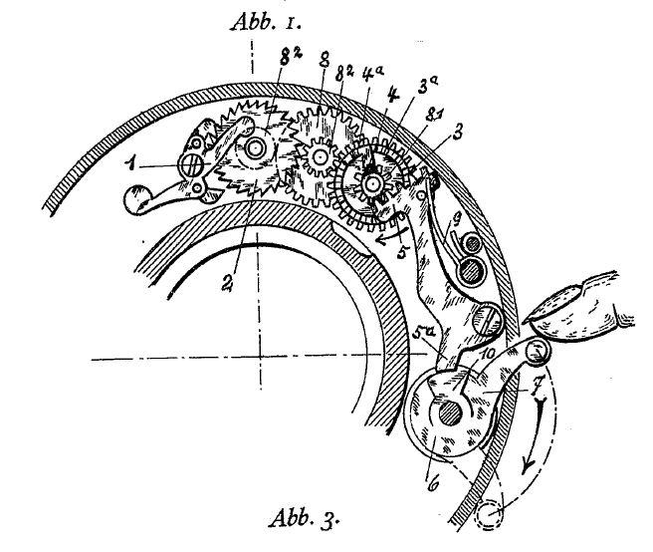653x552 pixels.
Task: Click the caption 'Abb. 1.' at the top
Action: (x=265, y=22)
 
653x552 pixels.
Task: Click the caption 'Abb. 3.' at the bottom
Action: (x=304, y=519)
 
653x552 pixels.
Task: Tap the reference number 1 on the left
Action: (x=132, y=165)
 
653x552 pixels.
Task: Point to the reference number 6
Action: (x=433, y=484)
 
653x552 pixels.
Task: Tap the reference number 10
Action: (x=488, y=355)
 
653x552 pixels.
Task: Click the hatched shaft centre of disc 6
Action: (x=451, y=414)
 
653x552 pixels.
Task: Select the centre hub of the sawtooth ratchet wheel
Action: (x=255, y=148)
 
